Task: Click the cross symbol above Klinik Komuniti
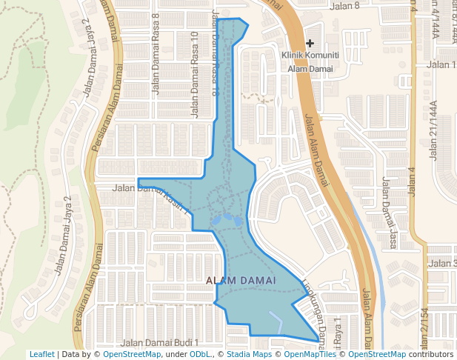pyautogui.click(x=310, y=44)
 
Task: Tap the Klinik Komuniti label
pyautogui.click(x=310, y=56)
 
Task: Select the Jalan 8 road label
pyautogui.click(x=345, y=6)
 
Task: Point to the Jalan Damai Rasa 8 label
pyautogui.click(x=156, y=63)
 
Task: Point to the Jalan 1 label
pyautogui.click(x=442, y=64)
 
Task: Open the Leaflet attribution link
pyautogui.click(x=41, y=354)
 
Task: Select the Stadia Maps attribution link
pyautogui.click(x=248, y=354)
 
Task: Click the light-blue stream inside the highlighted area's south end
pyautogui.click(x=276, y=320)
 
